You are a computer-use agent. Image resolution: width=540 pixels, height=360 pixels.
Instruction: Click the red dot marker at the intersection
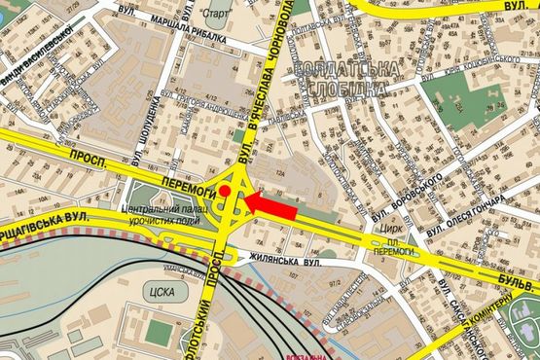[224, 193]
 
